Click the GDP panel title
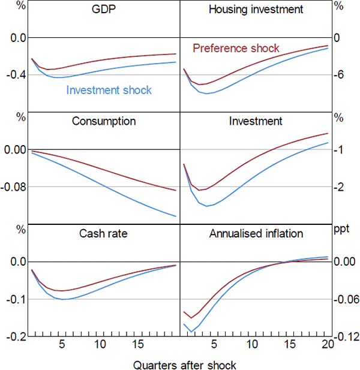tap(104, 10)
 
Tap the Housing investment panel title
tap(256, 10)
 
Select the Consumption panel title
tap(104, 121)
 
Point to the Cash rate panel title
tap(104, 233)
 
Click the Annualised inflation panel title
tap(256, 233)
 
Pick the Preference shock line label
tap(236, 49)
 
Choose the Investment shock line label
tap(109, 91)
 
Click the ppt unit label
tap(341, 228)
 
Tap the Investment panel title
tap(256, 121)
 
